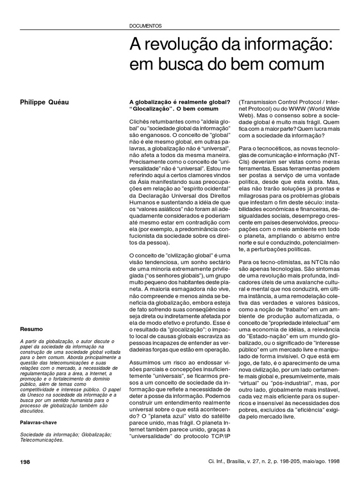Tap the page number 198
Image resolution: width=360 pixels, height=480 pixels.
(25, 462)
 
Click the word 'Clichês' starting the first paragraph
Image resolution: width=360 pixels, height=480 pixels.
(140, 121)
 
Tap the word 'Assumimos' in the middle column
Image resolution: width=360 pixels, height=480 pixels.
(145, 349)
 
